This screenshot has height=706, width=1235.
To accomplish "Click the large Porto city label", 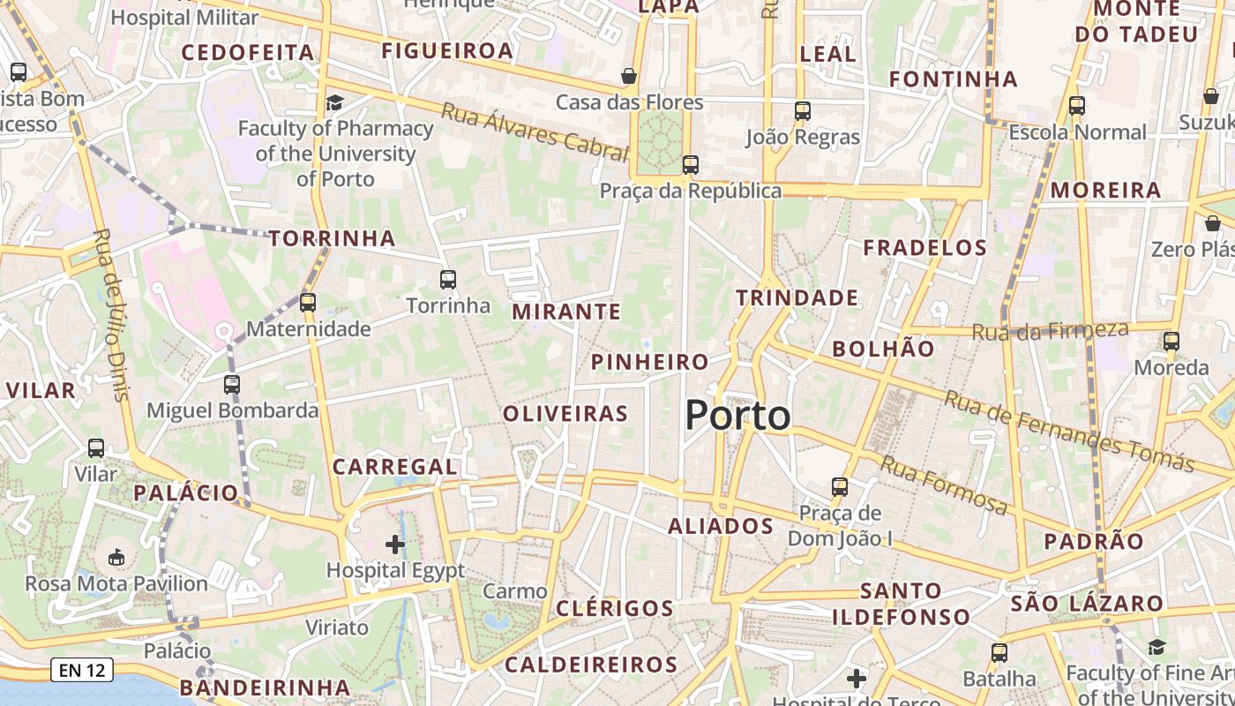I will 737,415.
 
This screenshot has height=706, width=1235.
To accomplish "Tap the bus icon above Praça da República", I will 691,165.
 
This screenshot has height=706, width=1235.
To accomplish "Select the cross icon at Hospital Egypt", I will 395,545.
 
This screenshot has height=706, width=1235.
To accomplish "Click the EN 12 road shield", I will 82,671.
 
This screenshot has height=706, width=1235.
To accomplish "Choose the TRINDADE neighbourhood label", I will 797,298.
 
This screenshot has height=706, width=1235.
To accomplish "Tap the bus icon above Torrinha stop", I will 448,280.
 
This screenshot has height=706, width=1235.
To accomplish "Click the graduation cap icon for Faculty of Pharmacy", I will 334,103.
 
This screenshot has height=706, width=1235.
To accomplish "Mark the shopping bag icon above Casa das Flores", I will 629,77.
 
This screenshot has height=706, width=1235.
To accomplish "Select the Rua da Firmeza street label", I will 1050,332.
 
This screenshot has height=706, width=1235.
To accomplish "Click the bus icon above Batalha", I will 999,653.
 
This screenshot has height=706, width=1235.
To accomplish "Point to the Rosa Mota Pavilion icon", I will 116,557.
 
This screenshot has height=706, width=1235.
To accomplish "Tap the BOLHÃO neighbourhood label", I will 883,349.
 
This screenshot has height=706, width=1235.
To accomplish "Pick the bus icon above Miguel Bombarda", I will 232,385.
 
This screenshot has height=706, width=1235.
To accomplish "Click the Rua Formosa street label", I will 944,485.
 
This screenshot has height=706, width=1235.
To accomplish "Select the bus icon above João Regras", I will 802,111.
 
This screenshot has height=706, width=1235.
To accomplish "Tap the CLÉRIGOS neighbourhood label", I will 615,608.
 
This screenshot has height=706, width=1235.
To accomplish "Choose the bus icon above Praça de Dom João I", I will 840,487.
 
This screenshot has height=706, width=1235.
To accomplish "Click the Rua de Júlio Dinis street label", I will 110,314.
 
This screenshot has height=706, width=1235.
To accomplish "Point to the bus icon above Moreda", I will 1171,342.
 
